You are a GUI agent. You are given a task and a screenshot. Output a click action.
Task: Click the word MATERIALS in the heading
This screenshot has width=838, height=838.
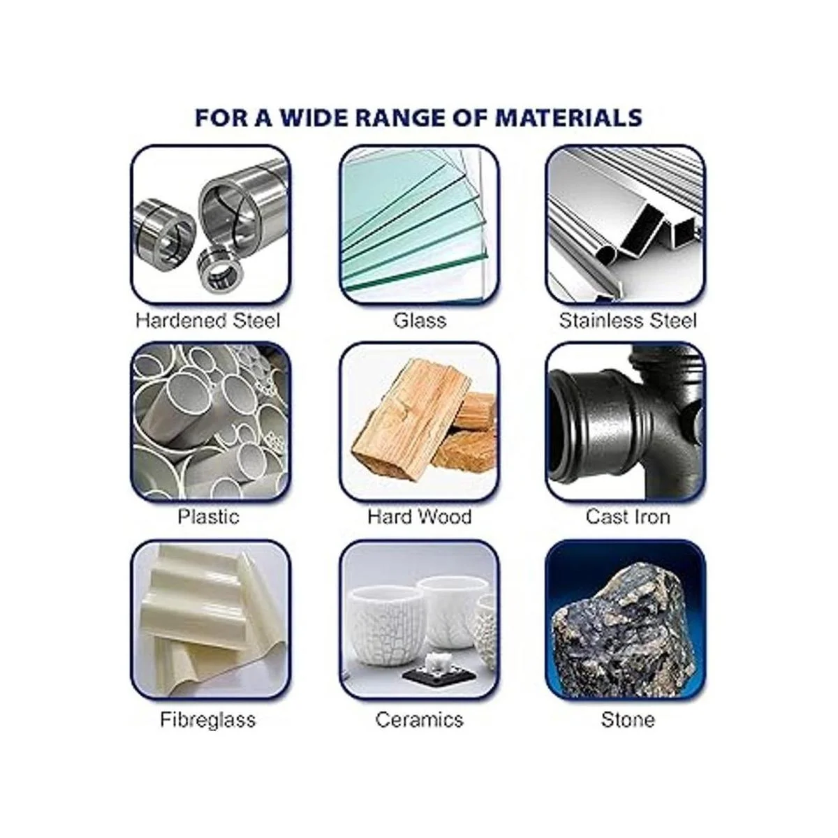coord(569,117)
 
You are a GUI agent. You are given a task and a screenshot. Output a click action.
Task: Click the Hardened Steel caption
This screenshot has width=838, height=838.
coord(208,321)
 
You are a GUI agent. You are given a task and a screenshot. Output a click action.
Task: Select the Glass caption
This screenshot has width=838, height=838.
coord(420,321)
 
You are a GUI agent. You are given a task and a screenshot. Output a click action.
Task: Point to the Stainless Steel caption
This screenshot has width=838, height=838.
coord(628,321)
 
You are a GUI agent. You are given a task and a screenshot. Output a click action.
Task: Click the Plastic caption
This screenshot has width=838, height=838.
coord(208,517)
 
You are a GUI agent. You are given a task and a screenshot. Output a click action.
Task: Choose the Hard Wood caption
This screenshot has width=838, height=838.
coord(420,517)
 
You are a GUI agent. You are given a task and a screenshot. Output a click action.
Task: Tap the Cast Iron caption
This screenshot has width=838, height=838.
coord(628,517)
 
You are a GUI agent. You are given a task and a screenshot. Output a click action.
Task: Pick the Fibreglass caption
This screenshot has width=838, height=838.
coord(208,720)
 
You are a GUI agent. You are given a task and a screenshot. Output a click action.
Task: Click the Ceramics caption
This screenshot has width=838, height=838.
coord(420,720)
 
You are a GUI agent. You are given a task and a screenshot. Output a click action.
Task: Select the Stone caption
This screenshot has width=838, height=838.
coord(628,720)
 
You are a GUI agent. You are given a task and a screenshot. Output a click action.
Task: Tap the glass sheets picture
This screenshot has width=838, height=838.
coord(420,225)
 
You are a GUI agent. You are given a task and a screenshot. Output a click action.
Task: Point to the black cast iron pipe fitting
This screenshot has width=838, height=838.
coord(626,422)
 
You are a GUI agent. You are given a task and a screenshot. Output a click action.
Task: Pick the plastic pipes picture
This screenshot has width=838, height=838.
coord(211,422)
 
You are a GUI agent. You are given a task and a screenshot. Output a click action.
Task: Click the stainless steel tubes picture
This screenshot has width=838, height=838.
coord(626,225)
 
